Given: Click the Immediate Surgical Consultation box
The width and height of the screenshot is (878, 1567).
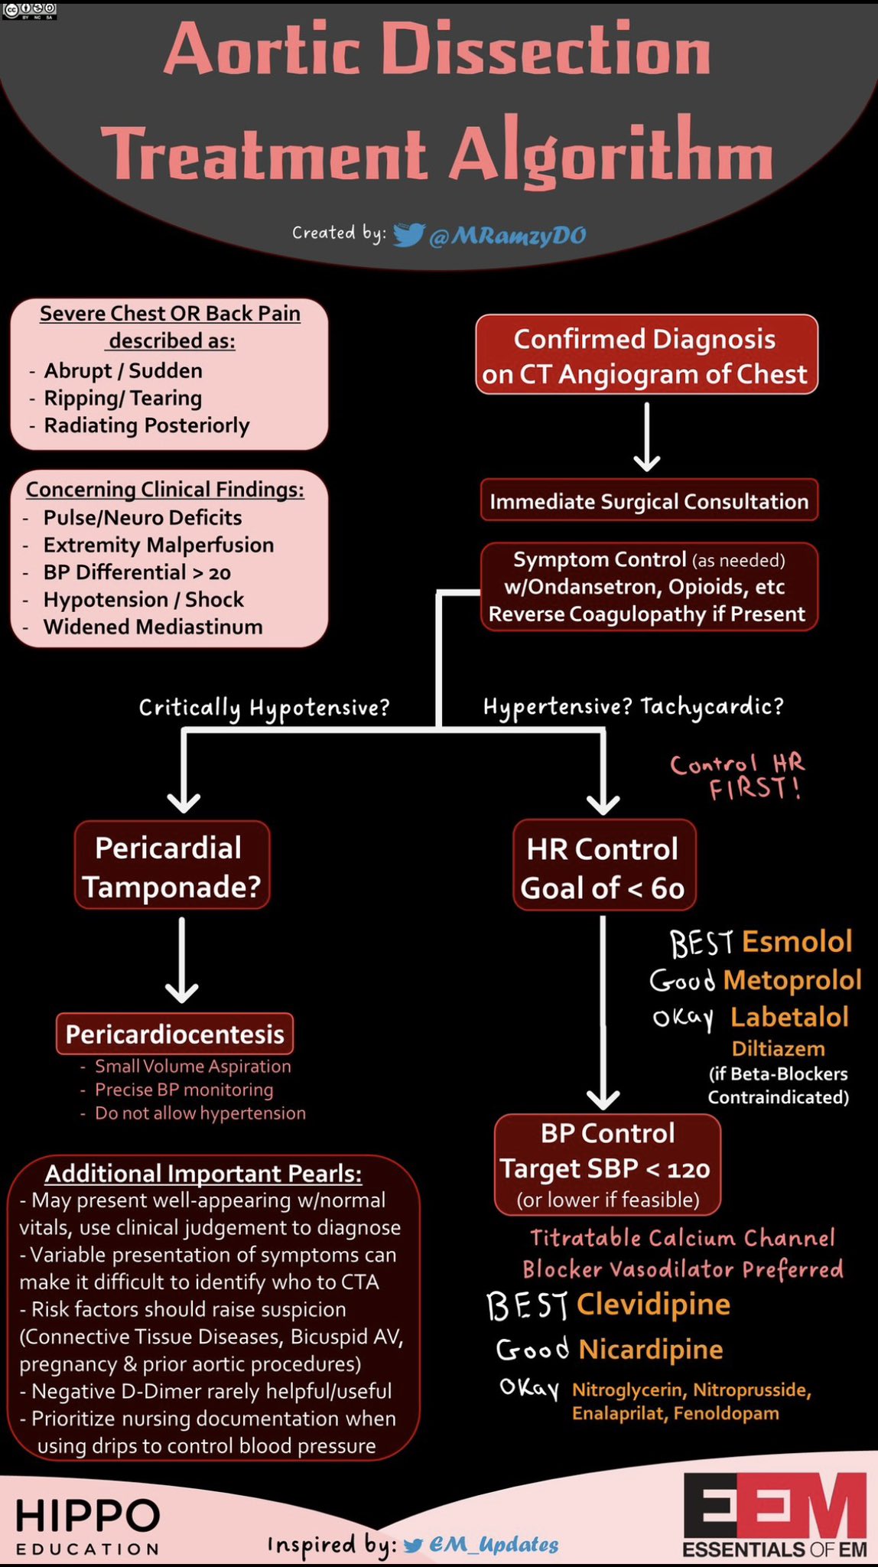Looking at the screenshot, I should tap(649, 501).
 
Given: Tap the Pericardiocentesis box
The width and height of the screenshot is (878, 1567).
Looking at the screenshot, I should tap(174, 1034).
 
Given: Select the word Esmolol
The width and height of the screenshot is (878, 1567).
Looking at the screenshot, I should tap(796, 942).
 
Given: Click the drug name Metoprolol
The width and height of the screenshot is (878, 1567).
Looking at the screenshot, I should tap(792, 980).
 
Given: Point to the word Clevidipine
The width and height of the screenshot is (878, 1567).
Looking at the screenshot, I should tap(653, 1305).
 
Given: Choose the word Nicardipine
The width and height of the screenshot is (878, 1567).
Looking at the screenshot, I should tap(650, 1349).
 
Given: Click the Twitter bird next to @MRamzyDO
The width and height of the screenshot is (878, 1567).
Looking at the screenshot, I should tap(408, 235).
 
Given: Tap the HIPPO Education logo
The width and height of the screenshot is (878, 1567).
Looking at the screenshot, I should tap(87, 1526).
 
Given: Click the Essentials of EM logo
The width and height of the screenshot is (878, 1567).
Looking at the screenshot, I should tap(774, 1517).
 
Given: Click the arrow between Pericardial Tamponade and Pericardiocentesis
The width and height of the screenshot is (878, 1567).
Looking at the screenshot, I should tap(181, 960).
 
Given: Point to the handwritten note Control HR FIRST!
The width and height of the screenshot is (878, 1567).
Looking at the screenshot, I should tap(737, 776).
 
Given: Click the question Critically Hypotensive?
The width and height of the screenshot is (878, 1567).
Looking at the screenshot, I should tap(264, 708).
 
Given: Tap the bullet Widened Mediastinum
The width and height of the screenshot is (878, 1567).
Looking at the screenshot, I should tap(152, 627).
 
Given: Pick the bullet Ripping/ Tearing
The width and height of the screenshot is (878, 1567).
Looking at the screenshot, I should tap(122, 399).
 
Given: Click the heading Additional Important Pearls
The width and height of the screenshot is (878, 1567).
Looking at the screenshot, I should tap(203, 1174).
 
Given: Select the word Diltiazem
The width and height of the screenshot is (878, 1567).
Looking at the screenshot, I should tap(778, 1049).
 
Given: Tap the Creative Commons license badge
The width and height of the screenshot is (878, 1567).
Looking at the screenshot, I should tap(29, 11).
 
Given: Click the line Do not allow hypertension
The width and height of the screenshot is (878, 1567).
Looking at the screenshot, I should tap(199, 1113).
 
